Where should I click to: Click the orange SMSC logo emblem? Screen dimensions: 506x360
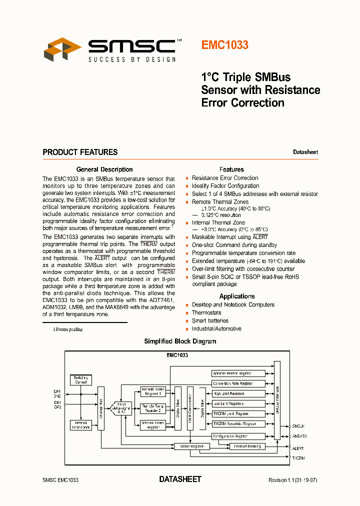(x=62, y=49)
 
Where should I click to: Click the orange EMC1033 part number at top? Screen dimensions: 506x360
(x=224, y=45)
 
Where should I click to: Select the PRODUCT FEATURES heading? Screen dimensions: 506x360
(x=80, y=152)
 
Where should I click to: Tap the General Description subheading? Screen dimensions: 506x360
(x=104, y=169)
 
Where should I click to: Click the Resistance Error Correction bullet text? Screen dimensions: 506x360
(x=225, y=178)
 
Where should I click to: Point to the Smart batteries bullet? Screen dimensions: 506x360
(x=210, y=321)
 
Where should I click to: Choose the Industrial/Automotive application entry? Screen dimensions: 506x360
(x=216, y=329)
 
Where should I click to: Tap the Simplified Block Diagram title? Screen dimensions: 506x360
(x=180, y=341)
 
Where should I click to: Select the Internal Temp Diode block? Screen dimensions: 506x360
(x=80, y=425)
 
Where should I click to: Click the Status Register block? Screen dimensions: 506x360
(x=191, y=446)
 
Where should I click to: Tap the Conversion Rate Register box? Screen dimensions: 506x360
(x=232, y=383)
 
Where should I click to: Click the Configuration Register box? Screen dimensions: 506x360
(x=231, y=436)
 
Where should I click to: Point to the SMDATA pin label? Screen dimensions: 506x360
(x=299, y=436)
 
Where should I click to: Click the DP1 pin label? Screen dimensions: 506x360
(x=57, y=391)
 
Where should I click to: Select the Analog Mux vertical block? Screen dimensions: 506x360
(x=101, y=408)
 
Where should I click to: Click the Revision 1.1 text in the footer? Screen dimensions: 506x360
(x=292, y=480)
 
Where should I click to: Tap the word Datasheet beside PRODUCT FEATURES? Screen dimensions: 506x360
(x=305, y=152)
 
